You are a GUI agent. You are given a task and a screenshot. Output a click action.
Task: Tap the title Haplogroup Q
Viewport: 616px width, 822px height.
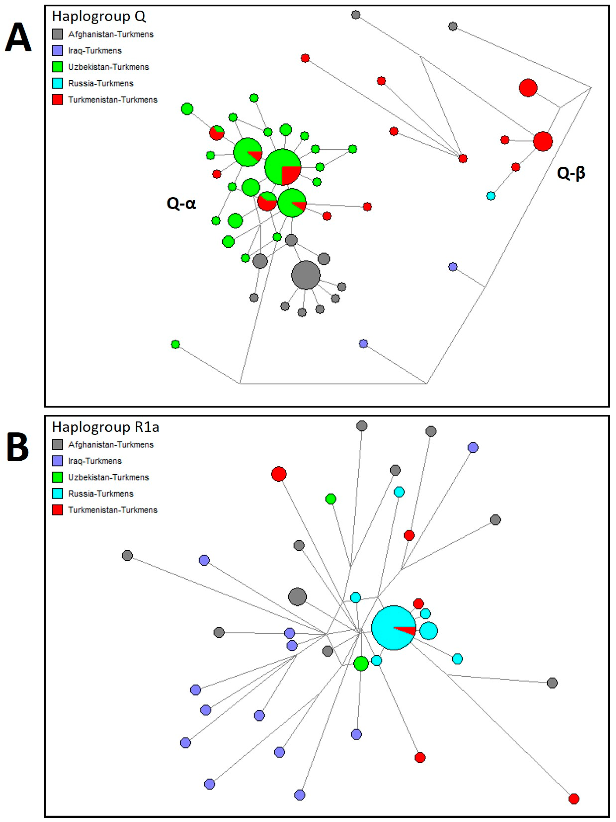click(99, 16)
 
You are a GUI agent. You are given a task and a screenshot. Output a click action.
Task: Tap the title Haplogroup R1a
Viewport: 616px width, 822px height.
click(106, 427)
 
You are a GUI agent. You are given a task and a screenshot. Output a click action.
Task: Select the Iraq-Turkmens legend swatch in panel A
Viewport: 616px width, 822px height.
click(57, 51)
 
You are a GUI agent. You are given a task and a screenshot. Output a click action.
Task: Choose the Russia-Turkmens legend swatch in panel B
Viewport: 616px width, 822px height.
click(57, 493)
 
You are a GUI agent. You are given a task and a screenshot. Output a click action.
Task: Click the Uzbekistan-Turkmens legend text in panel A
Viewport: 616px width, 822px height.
click(108, 67)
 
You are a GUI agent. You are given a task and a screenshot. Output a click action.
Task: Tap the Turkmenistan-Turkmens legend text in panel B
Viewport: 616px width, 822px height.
click(113, 510)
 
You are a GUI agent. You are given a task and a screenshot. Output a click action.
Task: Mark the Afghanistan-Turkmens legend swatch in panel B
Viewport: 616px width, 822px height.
click(57, 444)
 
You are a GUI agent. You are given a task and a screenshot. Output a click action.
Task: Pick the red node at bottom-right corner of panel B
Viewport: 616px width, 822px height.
click(574, 799)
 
